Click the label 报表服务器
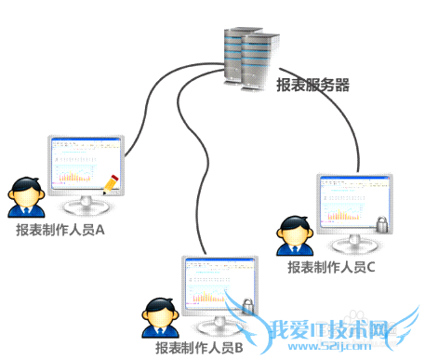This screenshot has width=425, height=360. click(312, 86)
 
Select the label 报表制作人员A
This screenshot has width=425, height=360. click(59, 229)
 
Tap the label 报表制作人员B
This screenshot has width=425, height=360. click(199, 347)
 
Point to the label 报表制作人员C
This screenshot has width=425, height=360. click(331, 267)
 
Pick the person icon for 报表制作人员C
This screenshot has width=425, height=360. click(295, 237)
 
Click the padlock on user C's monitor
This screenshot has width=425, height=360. click(381, 223)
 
